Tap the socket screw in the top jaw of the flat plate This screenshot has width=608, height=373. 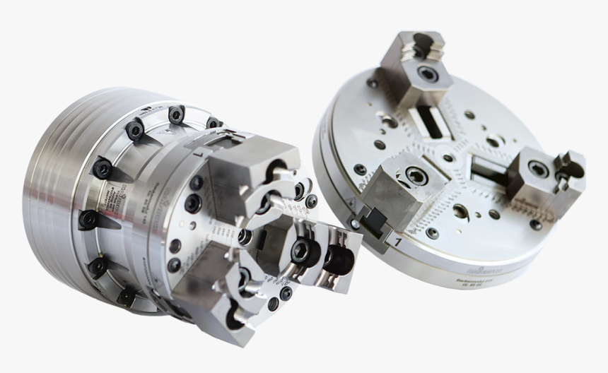[x=426, y=73]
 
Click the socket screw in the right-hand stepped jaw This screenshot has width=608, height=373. [x=538, y=169]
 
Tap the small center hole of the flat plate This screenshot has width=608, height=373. [x=448, y=158]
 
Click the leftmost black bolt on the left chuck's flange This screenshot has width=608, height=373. [x=87, y=219]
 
